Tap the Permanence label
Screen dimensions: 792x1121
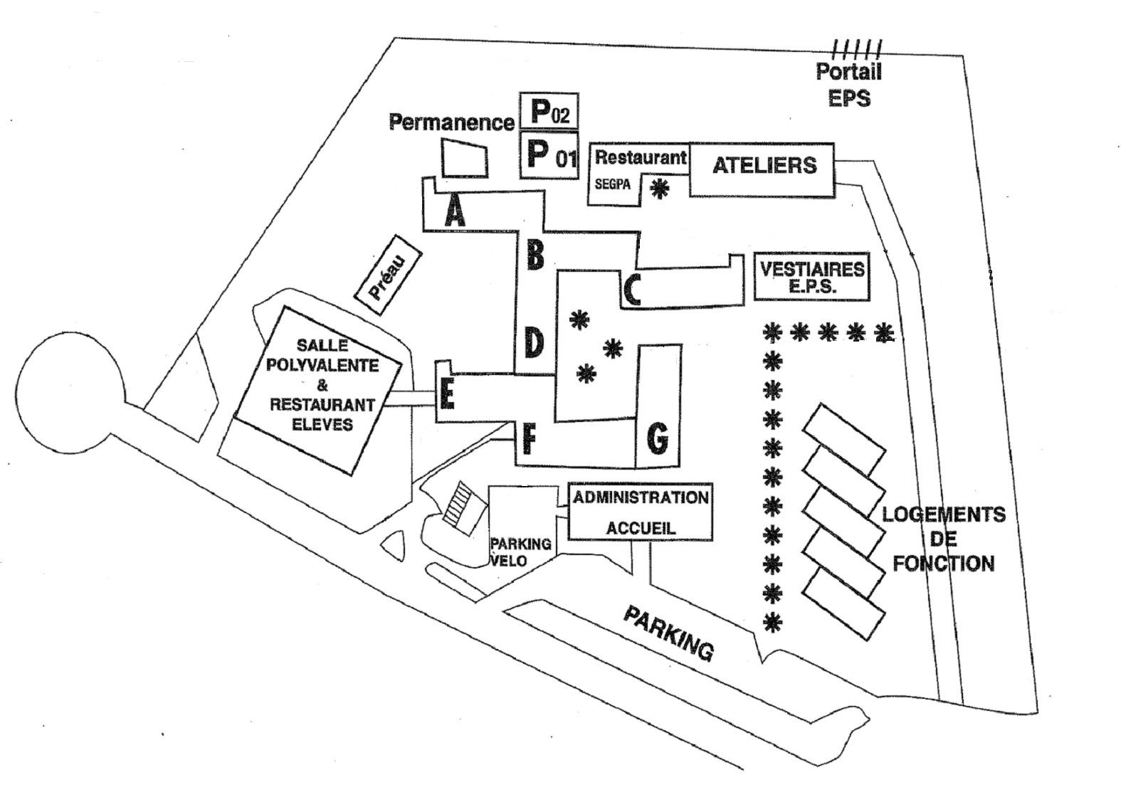point(451,122)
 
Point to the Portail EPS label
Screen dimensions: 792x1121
point(849,84)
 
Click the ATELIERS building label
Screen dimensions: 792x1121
point(764,166)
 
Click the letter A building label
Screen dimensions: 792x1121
point(454,211)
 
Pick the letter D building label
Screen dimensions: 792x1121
point(534,343)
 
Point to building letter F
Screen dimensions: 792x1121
point(528,439)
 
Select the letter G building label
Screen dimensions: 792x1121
point(657,437)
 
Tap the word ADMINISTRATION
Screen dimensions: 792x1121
point(641,497)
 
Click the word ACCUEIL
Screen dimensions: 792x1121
point(641,528)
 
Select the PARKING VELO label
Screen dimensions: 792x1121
point(520,551)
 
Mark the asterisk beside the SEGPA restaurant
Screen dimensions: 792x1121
point(661,189)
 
